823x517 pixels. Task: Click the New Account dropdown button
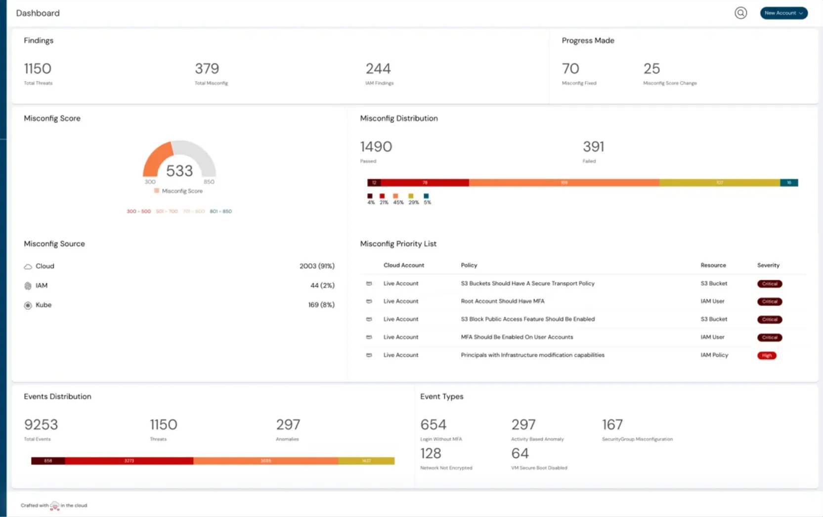783,13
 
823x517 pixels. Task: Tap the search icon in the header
740,13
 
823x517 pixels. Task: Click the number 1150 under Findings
38,69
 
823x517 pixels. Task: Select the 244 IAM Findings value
378,69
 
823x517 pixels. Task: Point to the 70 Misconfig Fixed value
570,69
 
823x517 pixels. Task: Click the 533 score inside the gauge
179,171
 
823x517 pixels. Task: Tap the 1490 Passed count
376,147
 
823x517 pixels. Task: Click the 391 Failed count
594,147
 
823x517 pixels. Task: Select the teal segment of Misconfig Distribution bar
789,183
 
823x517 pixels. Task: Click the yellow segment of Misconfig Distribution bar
720,183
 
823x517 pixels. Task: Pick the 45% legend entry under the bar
397,199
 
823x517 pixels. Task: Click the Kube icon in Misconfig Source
28,305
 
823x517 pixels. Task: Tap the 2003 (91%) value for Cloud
317,266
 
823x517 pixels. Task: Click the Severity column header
768,265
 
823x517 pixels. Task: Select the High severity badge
767,355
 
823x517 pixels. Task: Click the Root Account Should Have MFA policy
502,301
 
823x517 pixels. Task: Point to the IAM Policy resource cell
714,355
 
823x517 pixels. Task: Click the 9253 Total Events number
41,425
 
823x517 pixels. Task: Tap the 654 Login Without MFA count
433,425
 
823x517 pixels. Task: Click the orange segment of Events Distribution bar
266,461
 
